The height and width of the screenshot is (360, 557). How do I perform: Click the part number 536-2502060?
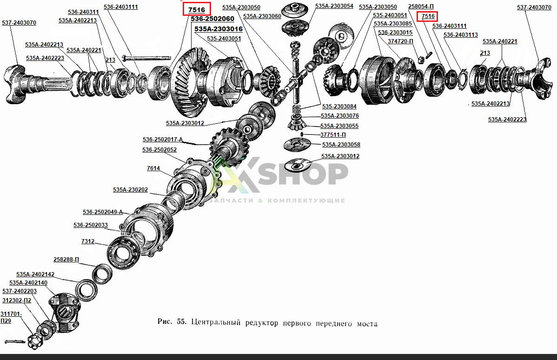pyautogui.click(x=212, y=19)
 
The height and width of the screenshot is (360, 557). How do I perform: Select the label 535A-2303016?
pyautogui.click(x=219, y=29)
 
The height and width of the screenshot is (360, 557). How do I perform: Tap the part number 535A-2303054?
pyautogui.click(x=334, y=6)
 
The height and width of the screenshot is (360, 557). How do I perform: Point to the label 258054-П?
pyautogui.click(x=421, y=7)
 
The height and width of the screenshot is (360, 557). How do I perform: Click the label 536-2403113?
pyautogui.click(x=461, y=35)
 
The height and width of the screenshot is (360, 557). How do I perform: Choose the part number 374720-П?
pyautogui.click(x=400, y=41)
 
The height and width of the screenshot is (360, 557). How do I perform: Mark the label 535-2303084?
pyautogui.click(x=339, y=106)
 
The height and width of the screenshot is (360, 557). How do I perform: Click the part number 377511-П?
pyautogui.click(x=333, y=135)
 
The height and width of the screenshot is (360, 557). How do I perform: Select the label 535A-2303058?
pyautogui.click(x=341, y=145)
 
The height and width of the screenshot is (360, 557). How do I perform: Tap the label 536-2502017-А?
pyautogui.click(x=163, y=140)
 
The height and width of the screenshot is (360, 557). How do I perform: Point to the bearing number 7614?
pyautogui.click(x=153, y=168)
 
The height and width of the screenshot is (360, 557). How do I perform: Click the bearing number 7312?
pyautogui.click(x=88, y=241)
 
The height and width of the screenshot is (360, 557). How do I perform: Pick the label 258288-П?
pyautogui.click(x=66, y=260)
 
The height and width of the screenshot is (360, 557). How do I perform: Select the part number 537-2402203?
pyautogui.click(x=20, y=291)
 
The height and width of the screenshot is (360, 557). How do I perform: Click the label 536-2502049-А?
pyautogui.click(x=103, y=212)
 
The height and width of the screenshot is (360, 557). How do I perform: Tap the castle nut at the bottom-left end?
pyautogui.click(x=35, y=342)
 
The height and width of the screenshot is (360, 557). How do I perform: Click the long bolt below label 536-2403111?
pyautogui.click(x=146, y=57)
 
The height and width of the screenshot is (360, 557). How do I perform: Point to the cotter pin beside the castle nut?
pyautogui.click(x=14, y=342)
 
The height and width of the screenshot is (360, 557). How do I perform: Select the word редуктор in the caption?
pyautogui.click(x=262, y=323)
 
